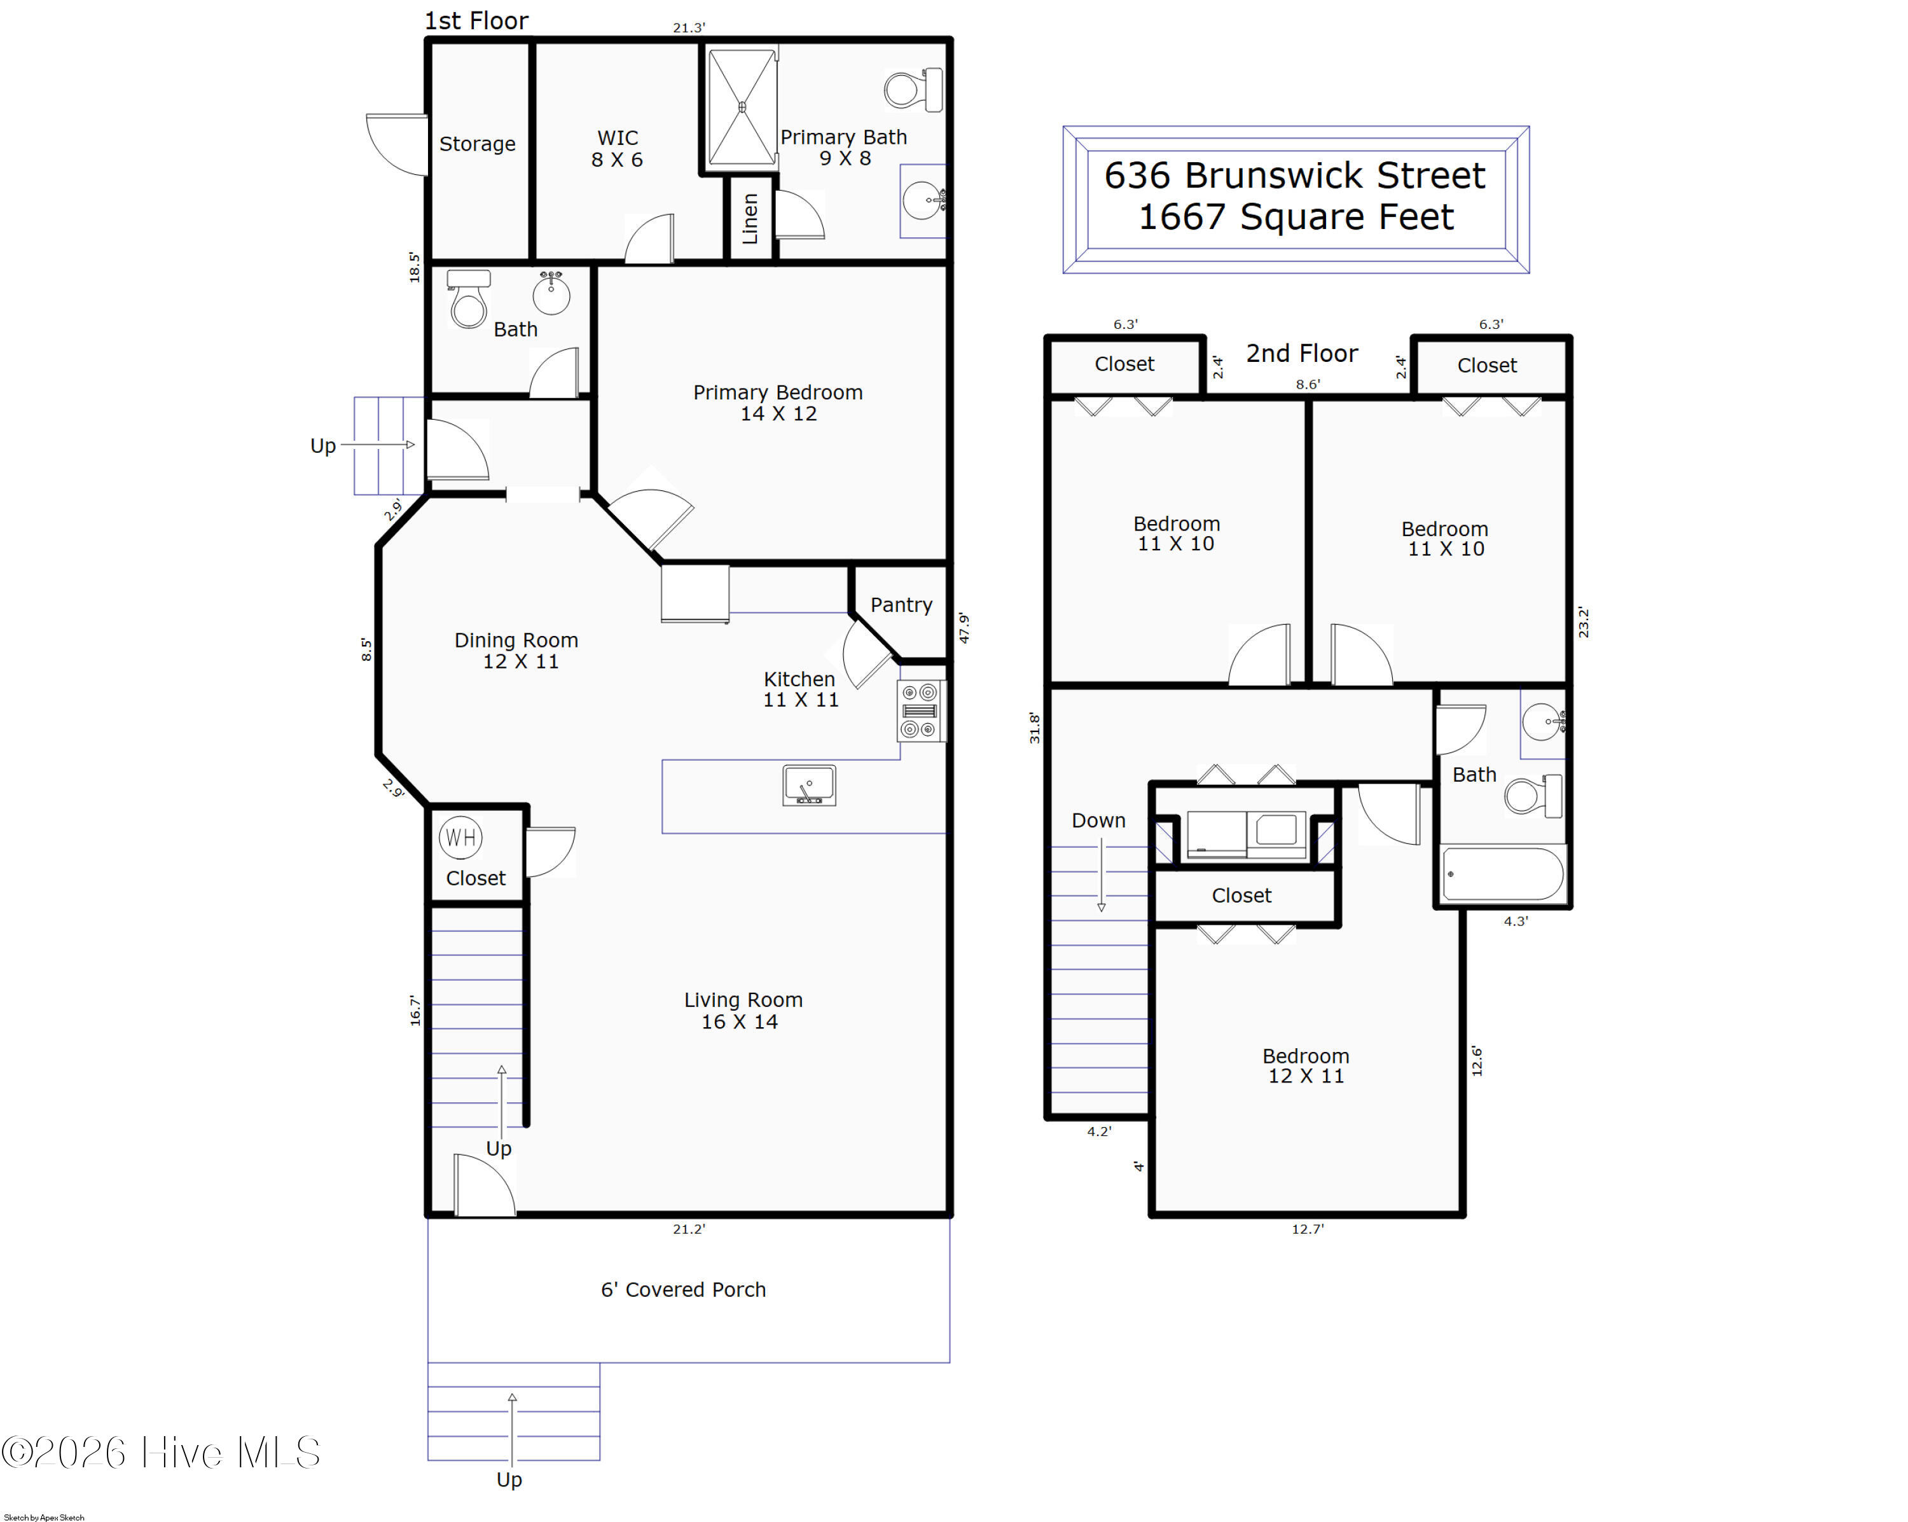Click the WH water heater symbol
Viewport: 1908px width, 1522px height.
[x=460, y=837]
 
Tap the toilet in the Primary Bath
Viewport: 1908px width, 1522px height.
[x=913, y=90]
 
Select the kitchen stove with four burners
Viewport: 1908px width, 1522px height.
[x=920, y=710]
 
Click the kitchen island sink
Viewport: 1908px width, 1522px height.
[x=809, y=785]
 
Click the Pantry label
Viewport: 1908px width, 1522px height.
[x=901, y=605]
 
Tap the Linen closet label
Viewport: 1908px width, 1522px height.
[x=750, y=219]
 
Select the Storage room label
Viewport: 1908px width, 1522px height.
[x=477, y=143]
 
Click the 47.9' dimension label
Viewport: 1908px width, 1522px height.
[x=964, y=628]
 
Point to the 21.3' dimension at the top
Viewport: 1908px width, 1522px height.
[x=689, y=27]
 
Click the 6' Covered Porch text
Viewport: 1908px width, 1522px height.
[x=683, y=1289]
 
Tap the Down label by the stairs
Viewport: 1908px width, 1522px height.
[x=1098, y=820]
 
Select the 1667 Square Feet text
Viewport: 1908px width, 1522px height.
[x=1296, y=217]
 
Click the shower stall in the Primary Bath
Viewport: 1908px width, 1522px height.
[x=742, y=107]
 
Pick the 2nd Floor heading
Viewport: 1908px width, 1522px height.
[x=1302, y=353]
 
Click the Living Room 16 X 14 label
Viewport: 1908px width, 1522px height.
[x=742, y=1011]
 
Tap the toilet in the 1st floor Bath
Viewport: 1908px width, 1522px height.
[x=468, y=299]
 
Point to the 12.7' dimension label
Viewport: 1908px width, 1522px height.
[x=1307, y=1229]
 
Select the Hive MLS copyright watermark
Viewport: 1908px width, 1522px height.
[x=160, y=1452]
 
